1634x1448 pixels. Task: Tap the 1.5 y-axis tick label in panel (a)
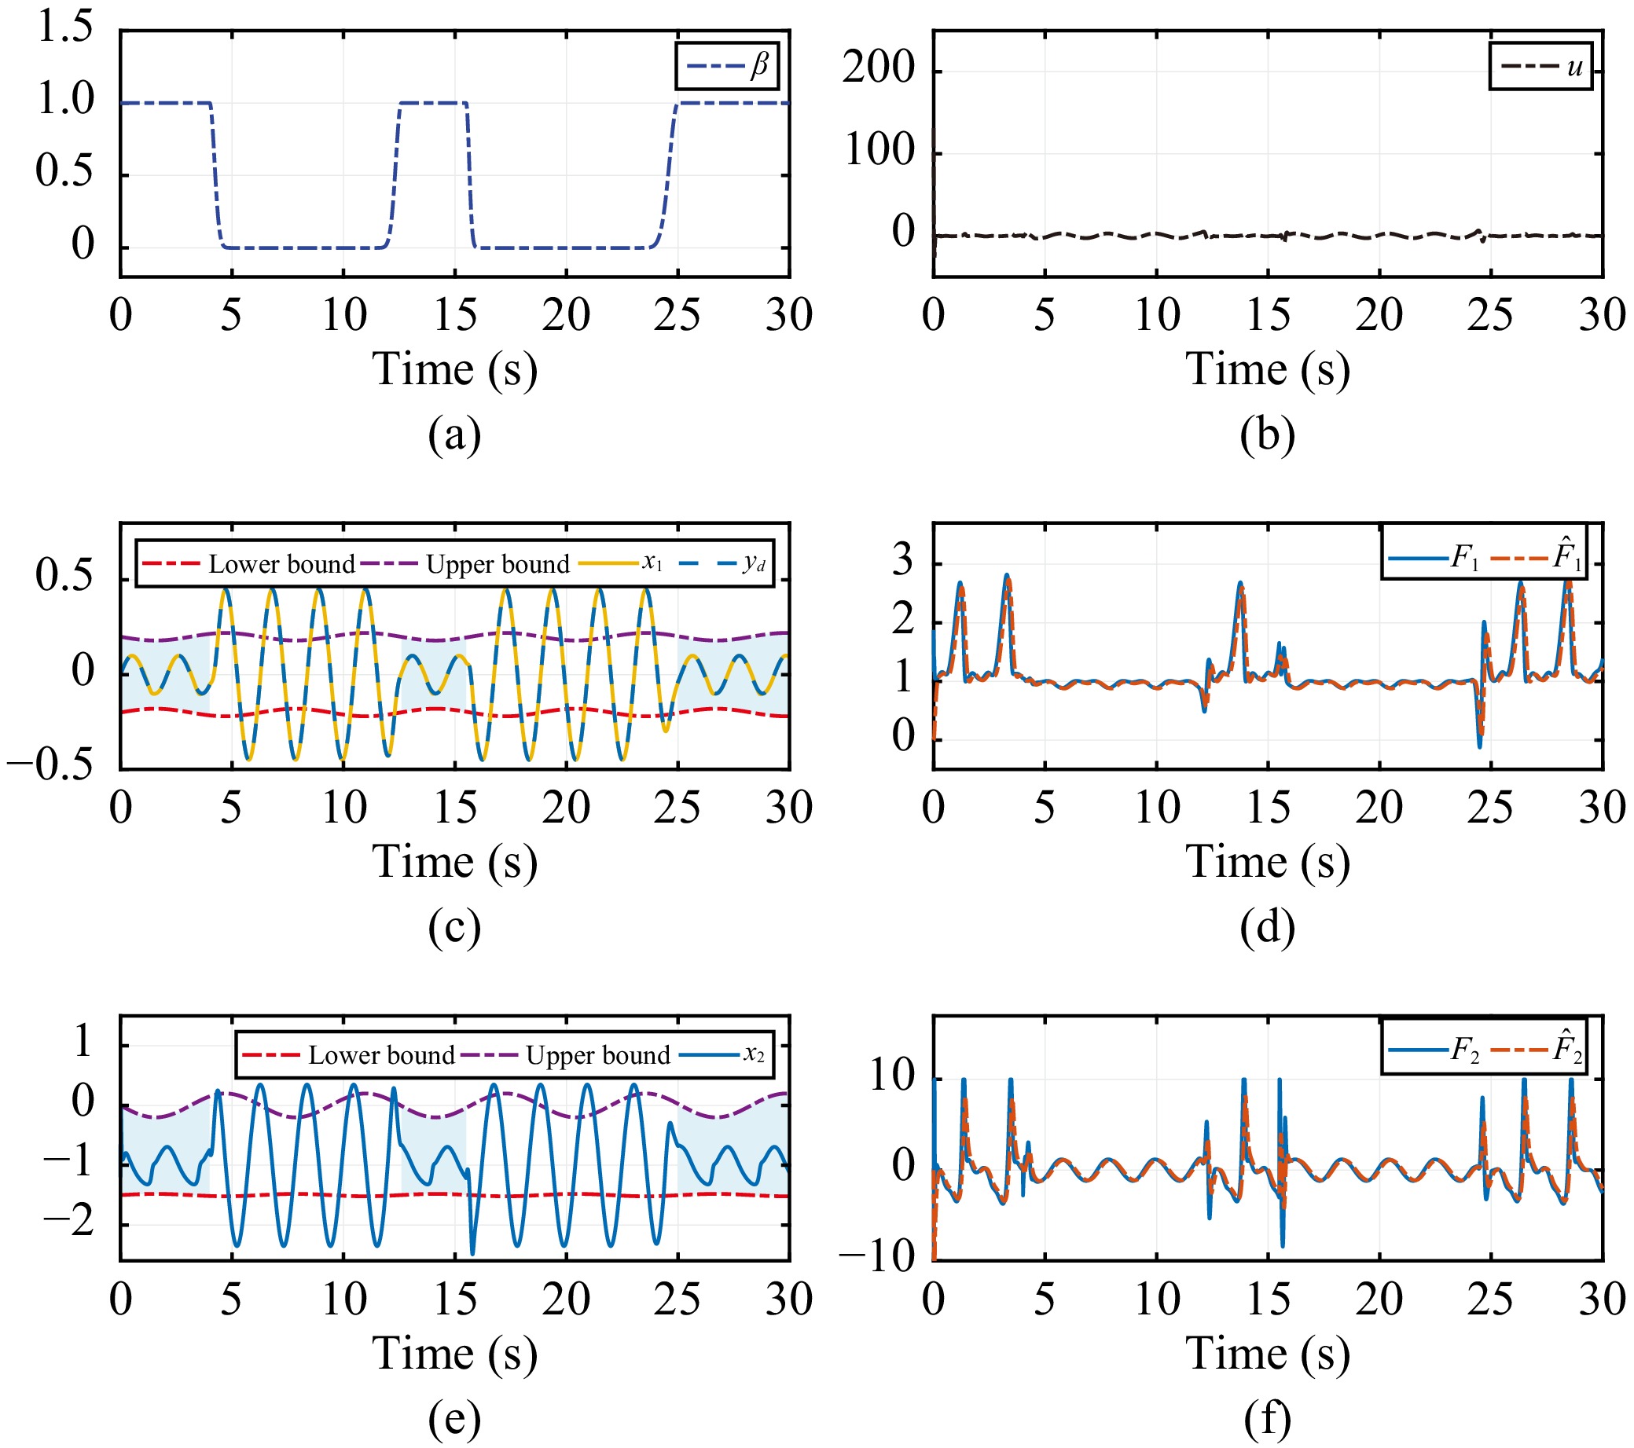click(x=65, y=28)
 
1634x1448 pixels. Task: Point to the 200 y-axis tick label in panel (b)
click(x=879, y=68)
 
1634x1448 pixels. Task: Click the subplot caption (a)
click(x=454, y=436)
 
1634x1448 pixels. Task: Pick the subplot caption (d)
click(x=1267, y=928)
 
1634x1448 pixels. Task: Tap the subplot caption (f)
click(x=1267, y=1420)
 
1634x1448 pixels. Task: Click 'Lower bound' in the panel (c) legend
click(x=281, y=564)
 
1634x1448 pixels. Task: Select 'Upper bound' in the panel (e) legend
click(x=598, y=1056)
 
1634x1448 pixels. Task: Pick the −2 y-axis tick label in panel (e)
click(x=68, y=1222)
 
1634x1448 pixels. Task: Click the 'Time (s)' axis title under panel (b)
click(x=1267, y=370)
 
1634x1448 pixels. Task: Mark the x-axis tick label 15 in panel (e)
click(x=455, y=1300)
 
